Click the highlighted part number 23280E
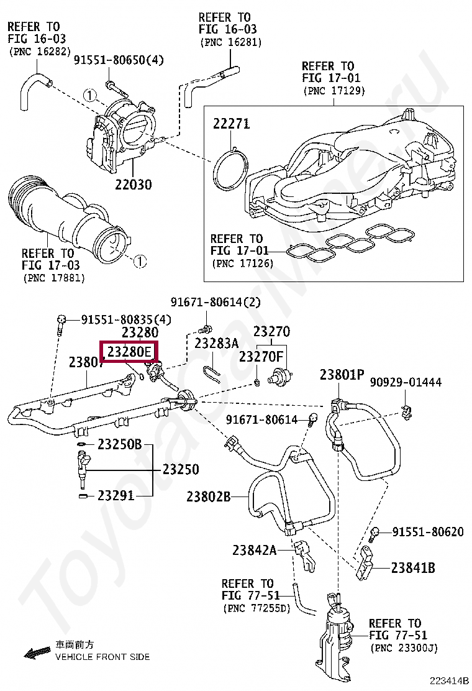pyautogui.click(x=129, y=352)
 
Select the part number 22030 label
pyautogui.click(x=133, y=185)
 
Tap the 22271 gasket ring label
pyautogui.click(x=231, y=124)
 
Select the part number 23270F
pyautogui.click(x=261, y=357)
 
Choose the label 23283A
pyautogui.click(x=216, y=343)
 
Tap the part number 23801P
pyautogui.click(x=342, y=375)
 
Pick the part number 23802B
pyautogui.click(x=209, y=497)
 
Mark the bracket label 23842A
pyautogui.click(x=254, y=550)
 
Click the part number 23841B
pyautogui.click(x=413, y=567)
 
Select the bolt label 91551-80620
pyautogui.click(x=428, y=532)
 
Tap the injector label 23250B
pyautogui.click(x=119, y=444)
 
